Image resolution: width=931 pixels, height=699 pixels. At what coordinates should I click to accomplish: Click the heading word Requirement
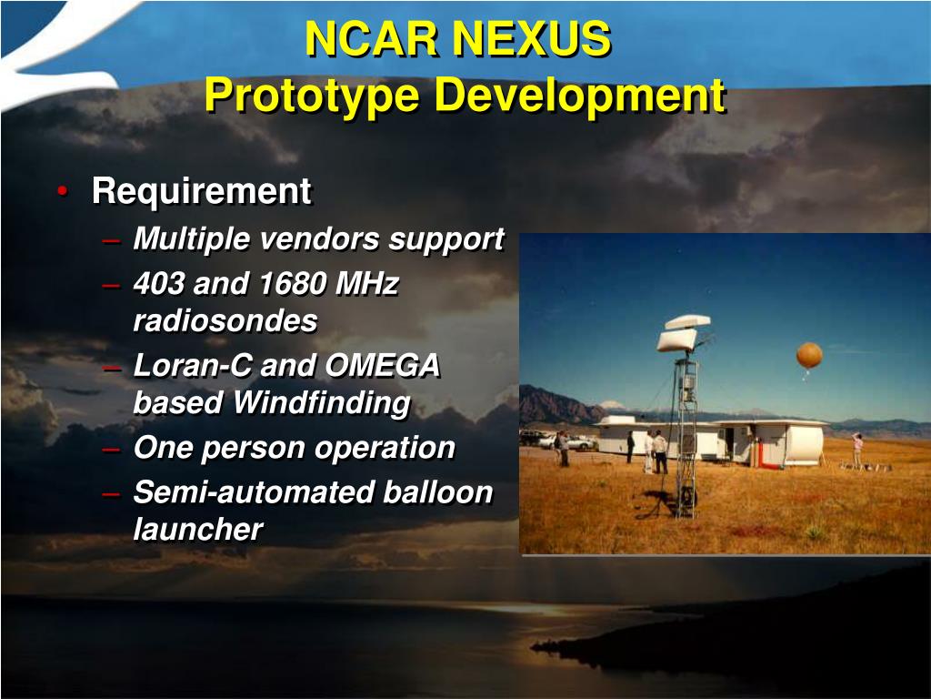[201, 192]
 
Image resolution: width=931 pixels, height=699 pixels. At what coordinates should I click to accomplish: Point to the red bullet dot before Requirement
[62, 192]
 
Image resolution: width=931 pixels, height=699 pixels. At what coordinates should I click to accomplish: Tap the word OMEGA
[383, 366]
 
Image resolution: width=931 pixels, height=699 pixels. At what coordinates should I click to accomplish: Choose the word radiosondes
[225, 320]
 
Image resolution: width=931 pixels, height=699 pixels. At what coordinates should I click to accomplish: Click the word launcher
[197, 529]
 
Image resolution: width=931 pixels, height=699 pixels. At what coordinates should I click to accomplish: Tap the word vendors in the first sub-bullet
[319, 239]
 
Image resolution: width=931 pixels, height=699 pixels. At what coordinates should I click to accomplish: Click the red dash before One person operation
[111, 448]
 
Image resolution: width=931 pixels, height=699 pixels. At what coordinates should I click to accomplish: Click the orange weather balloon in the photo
[809, 355]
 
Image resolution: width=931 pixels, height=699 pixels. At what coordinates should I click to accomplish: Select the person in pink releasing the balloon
[856, 450]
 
